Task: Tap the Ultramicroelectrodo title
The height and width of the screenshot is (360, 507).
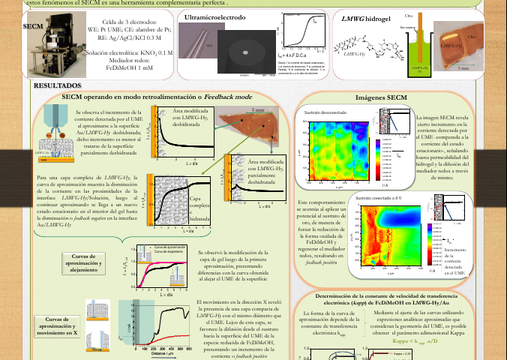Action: pos(217,16)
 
